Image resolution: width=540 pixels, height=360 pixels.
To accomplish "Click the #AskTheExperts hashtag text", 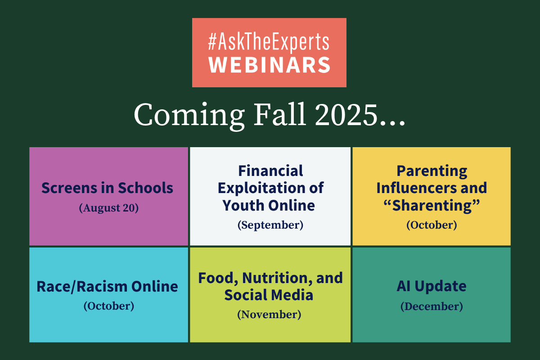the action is tap(269, 42).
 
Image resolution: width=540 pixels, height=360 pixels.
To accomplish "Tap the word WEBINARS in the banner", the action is tap(269, 65).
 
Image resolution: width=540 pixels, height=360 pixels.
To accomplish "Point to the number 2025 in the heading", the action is tap(346, 115).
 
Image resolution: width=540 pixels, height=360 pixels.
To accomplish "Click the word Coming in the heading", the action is tap(189, 116).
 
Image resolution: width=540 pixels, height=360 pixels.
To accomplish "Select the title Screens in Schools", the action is tap(107, 188).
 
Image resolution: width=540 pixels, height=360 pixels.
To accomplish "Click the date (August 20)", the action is tap(109, 208).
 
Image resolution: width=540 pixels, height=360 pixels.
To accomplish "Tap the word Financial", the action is tap(270, 171).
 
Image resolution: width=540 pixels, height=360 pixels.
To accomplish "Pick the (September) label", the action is tap(270, 225).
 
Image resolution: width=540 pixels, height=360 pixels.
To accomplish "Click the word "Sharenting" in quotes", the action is tap(432, 206).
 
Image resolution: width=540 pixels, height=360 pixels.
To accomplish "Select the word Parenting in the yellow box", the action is tap(432, 171).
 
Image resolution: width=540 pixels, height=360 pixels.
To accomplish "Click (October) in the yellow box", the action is tap(432, 225).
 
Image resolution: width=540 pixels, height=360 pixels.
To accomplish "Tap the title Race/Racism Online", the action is tap(107, 287).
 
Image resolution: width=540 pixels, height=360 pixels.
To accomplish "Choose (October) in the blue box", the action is tap(109, 306).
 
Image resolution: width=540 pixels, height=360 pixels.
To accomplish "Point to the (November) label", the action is tap(269, 315).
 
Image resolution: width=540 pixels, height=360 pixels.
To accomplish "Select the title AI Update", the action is tap(432, 287).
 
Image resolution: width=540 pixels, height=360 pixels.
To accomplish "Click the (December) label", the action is tap(432, 306).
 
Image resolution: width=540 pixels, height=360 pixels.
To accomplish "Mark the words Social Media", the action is tap(269, 295).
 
